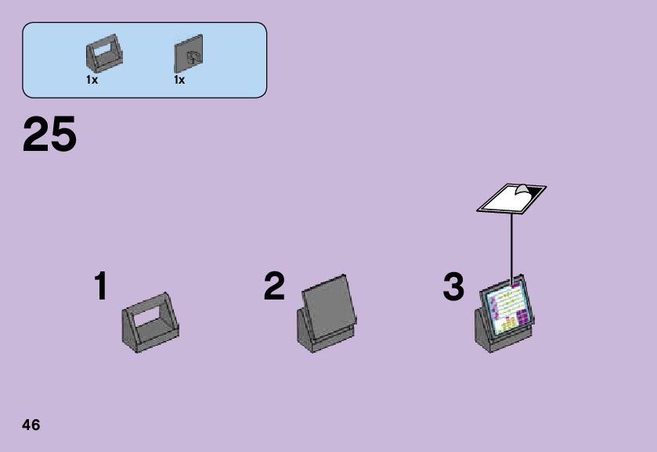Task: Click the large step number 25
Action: [49, 135]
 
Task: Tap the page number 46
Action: [31, 425]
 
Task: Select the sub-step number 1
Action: [100, 287]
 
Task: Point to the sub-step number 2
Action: [274, 287]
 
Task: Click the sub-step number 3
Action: [453, 287]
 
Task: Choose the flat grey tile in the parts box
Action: [188, 55]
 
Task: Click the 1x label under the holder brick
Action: [92, 81]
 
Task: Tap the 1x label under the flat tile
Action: [179, 81]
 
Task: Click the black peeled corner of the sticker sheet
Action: [534, 191]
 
